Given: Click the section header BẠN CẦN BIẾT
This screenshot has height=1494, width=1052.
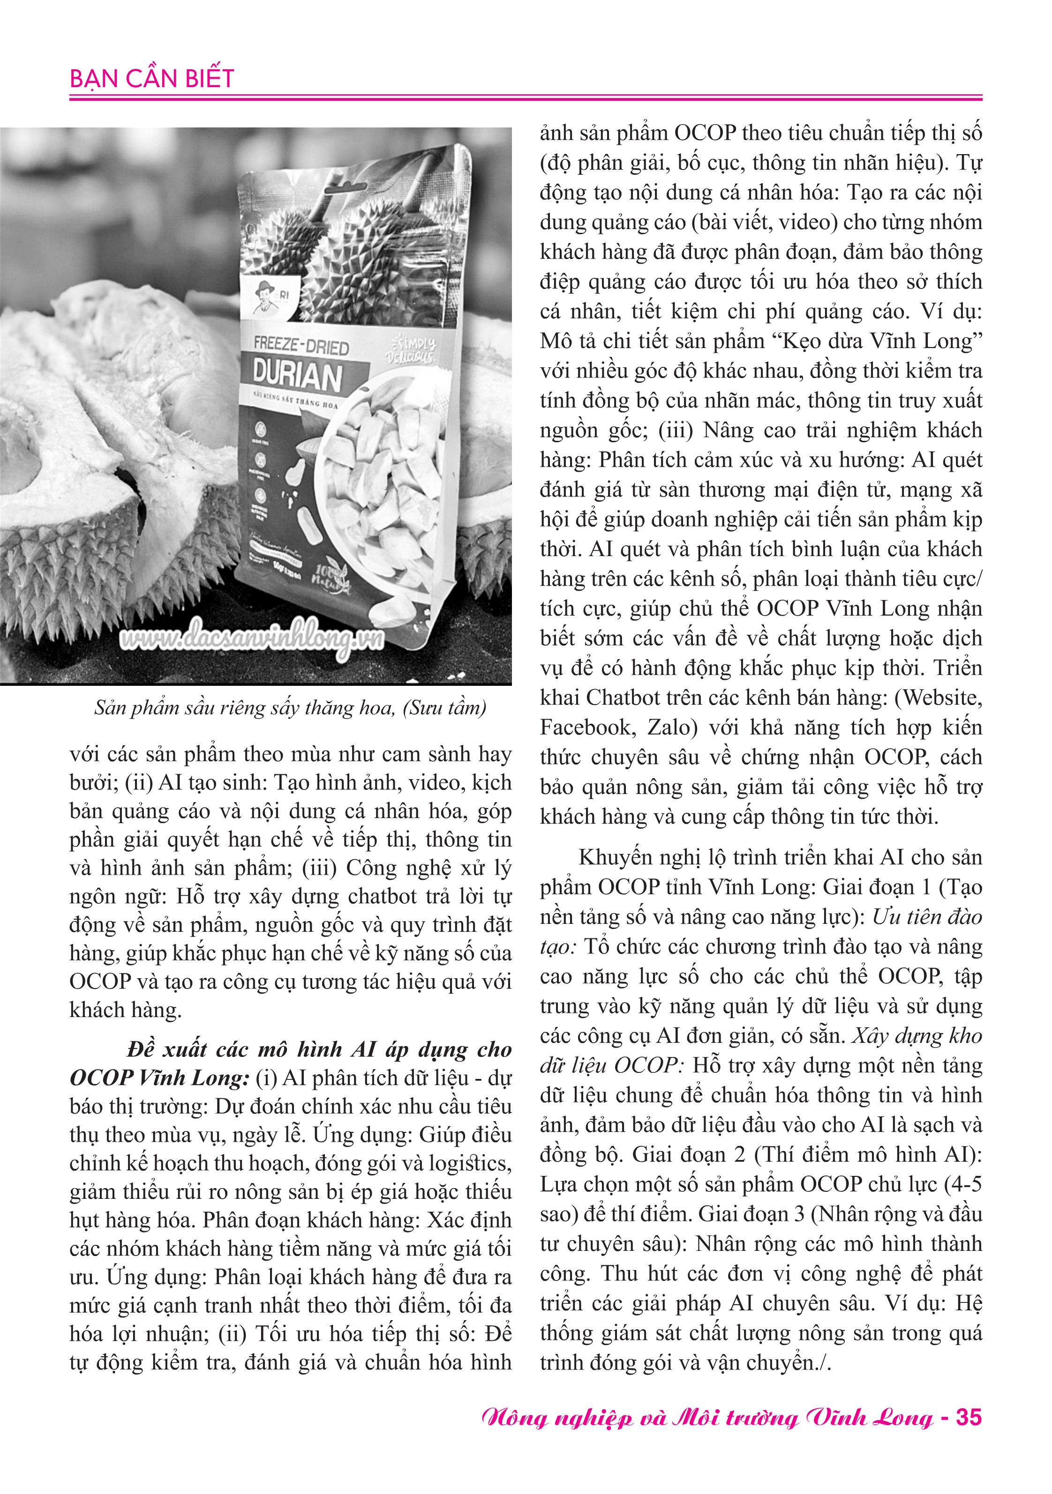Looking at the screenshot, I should (x=152, y=79).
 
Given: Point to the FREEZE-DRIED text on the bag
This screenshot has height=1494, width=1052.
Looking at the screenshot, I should (x=301, y=345).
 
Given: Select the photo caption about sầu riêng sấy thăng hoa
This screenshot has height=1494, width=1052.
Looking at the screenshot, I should (x=290, y=708).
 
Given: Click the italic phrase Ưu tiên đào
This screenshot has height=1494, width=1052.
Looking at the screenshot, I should (x=927, y=917).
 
